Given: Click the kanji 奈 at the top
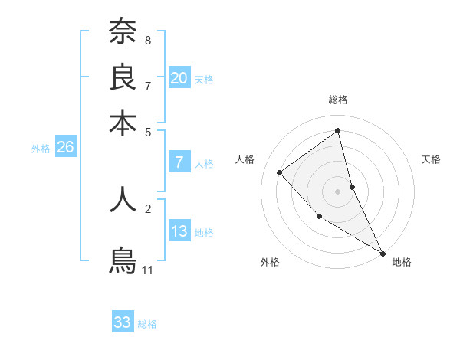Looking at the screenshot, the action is [x=123, y=31].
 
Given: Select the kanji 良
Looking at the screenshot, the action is [x=123, y=77].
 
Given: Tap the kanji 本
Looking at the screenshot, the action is [x=123, y=123].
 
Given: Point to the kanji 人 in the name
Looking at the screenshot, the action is [x=123, y=198].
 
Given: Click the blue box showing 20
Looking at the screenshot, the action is [x=179, y=78].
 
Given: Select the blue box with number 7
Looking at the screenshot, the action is [x=179, y=162].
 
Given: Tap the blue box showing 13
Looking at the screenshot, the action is [x=179, y=231].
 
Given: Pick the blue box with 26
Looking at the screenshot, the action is [x=65, y=148].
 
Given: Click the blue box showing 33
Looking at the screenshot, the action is [x=123, y=322].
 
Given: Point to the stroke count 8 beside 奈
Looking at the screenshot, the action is [x=148, y=40].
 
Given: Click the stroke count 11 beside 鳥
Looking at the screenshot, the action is [x=148, y=270].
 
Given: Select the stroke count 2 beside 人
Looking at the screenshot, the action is [x=148, y=208].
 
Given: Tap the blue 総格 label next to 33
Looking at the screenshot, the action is [x=147, y=324].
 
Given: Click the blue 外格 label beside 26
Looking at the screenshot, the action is [x=41, y=149].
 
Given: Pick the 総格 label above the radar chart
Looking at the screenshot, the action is [x=338, y=100].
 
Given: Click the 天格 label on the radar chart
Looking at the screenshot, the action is [x=432, y=159].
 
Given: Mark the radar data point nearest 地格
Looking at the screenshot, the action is [x=383, y=253].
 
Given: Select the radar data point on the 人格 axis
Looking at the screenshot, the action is [x=280, y=172].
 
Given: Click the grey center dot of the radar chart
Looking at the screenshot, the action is [x=338, y=191].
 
